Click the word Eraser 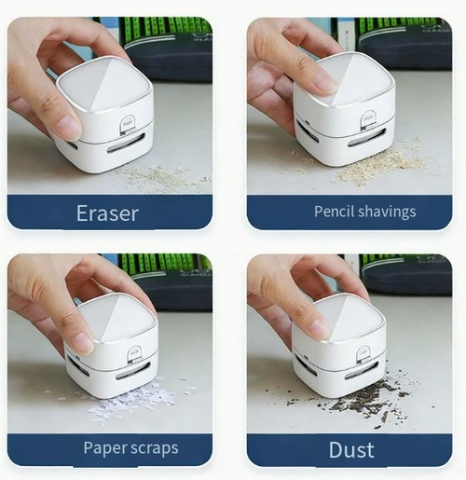[107, 213]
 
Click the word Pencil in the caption [335, 212]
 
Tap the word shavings [386, 212]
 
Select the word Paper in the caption [104, 448]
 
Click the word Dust [351, 450]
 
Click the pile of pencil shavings [380, 166]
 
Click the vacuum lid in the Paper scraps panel [111, 320]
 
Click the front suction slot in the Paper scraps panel [132, 372]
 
